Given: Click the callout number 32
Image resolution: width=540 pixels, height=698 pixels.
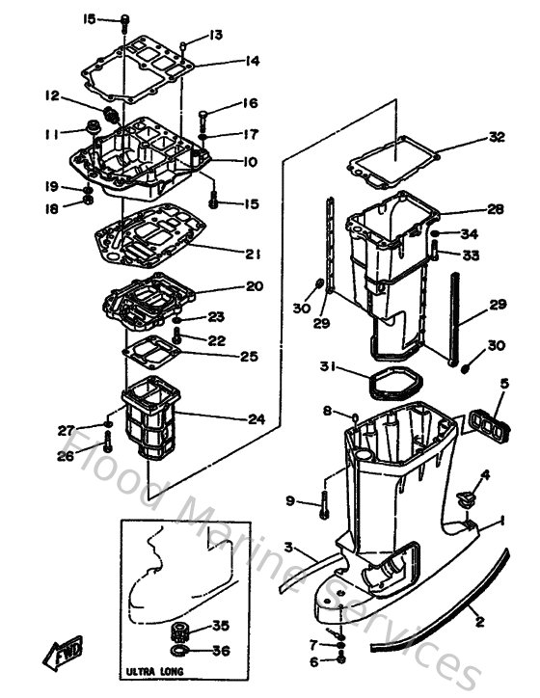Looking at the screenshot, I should coord(497,137).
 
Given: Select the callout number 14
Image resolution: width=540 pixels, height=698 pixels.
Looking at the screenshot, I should coord(252,61).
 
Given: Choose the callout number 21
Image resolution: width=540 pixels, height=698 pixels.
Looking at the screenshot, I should coord(253,255).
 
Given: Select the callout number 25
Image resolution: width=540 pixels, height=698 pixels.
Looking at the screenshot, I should coord(249,357).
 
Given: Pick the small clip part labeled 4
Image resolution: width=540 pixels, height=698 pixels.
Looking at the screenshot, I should coord(466,498).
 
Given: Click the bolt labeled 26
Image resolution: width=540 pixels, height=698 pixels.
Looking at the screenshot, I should coord(108,444).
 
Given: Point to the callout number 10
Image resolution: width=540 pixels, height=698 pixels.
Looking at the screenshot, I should coord(250,162).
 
